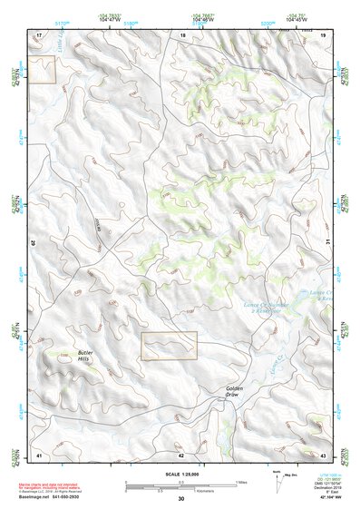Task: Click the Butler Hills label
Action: click(x=84, y=357)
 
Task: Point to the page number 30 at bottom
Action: click(x=181, y=499)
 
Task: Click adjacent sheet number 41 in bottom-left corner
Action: click(x=39, y=454)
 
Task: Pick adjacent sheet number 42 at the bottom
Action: click(x=181, y=454)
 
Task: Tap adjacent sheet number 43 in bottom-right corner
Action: click(x=322, y=454)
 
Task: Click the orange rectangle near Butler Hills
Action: click(x=169, y=346)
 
